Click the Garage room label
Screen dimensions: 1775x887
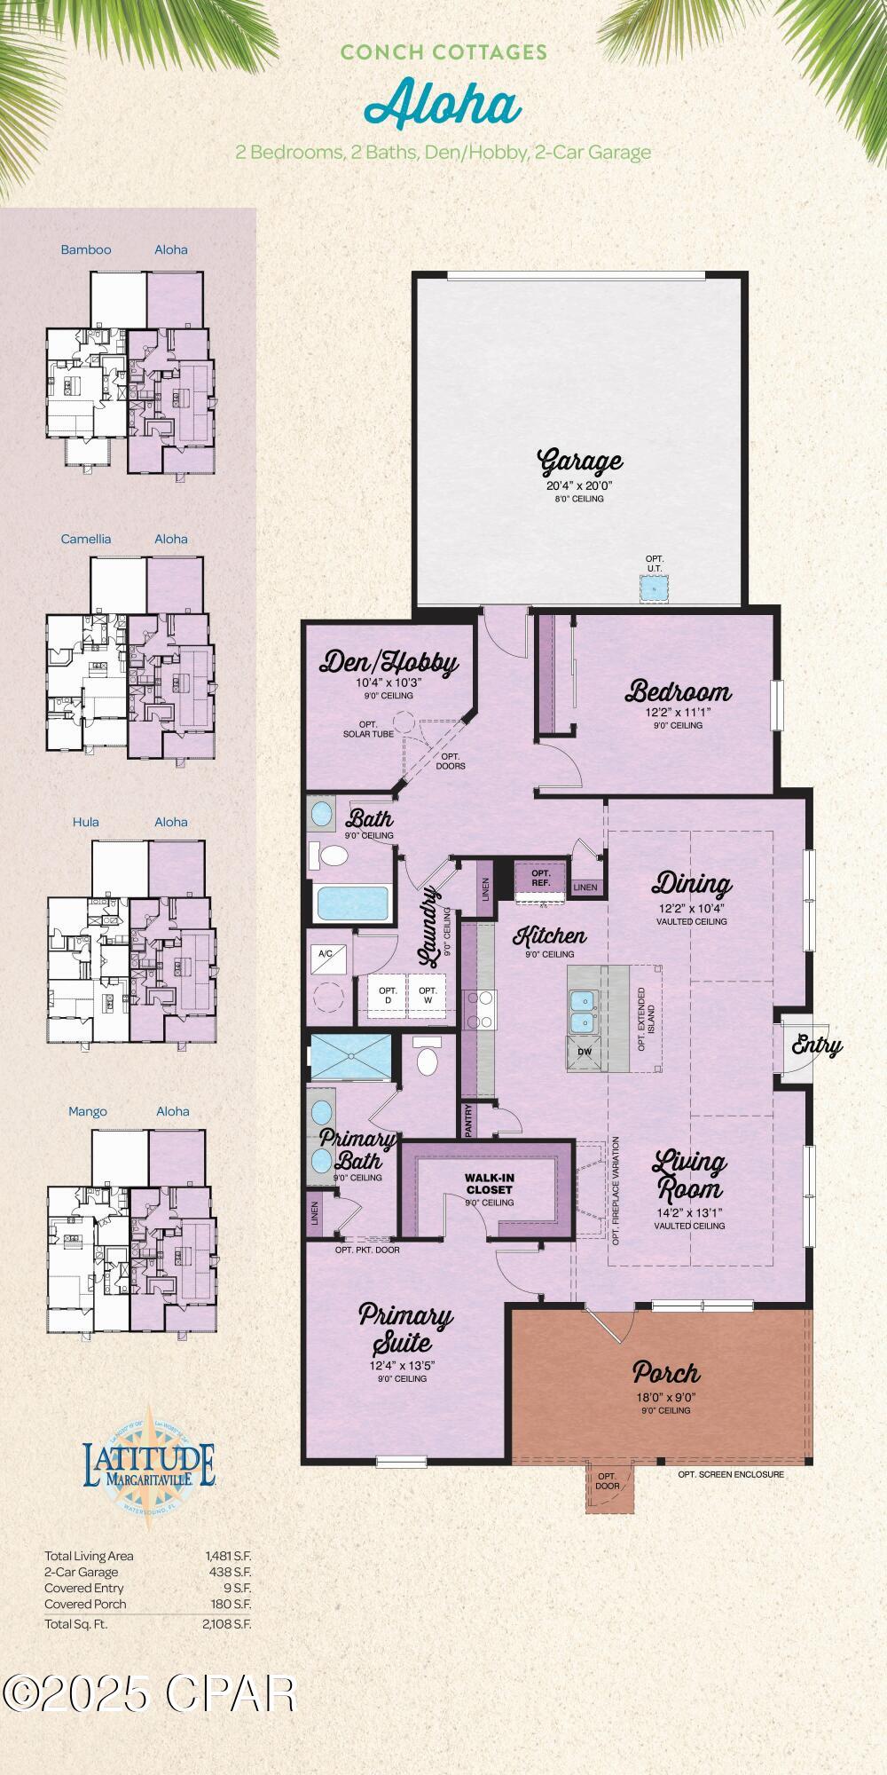point(580,461)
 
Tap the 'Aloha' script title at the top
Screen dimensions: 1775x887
point(443,104)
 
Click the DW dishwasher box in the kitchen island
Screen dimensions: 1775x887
point(585,1052)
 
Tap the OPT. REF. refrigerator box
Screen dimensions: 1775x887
point(541,878)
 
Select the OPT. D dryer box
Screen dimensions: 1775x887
point(387,996)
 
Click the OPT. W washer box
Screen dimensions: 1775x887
point(428,996)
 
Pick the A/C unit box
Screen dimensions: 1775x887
point(326,954)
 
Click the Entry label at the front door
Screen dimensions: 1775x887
point(816,1045)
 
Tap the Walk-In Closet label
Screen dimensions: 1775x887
point(490,1184)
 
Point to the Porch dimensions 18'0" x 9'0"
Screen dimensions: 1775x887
point(665,1397)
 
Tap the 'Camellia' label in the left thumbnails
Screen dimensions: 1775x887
point(86,539)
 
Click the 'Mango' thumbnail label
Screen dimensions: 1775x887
point(88,1111)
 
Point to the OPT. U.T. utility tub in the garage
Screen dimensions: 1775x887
point(655,588)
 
